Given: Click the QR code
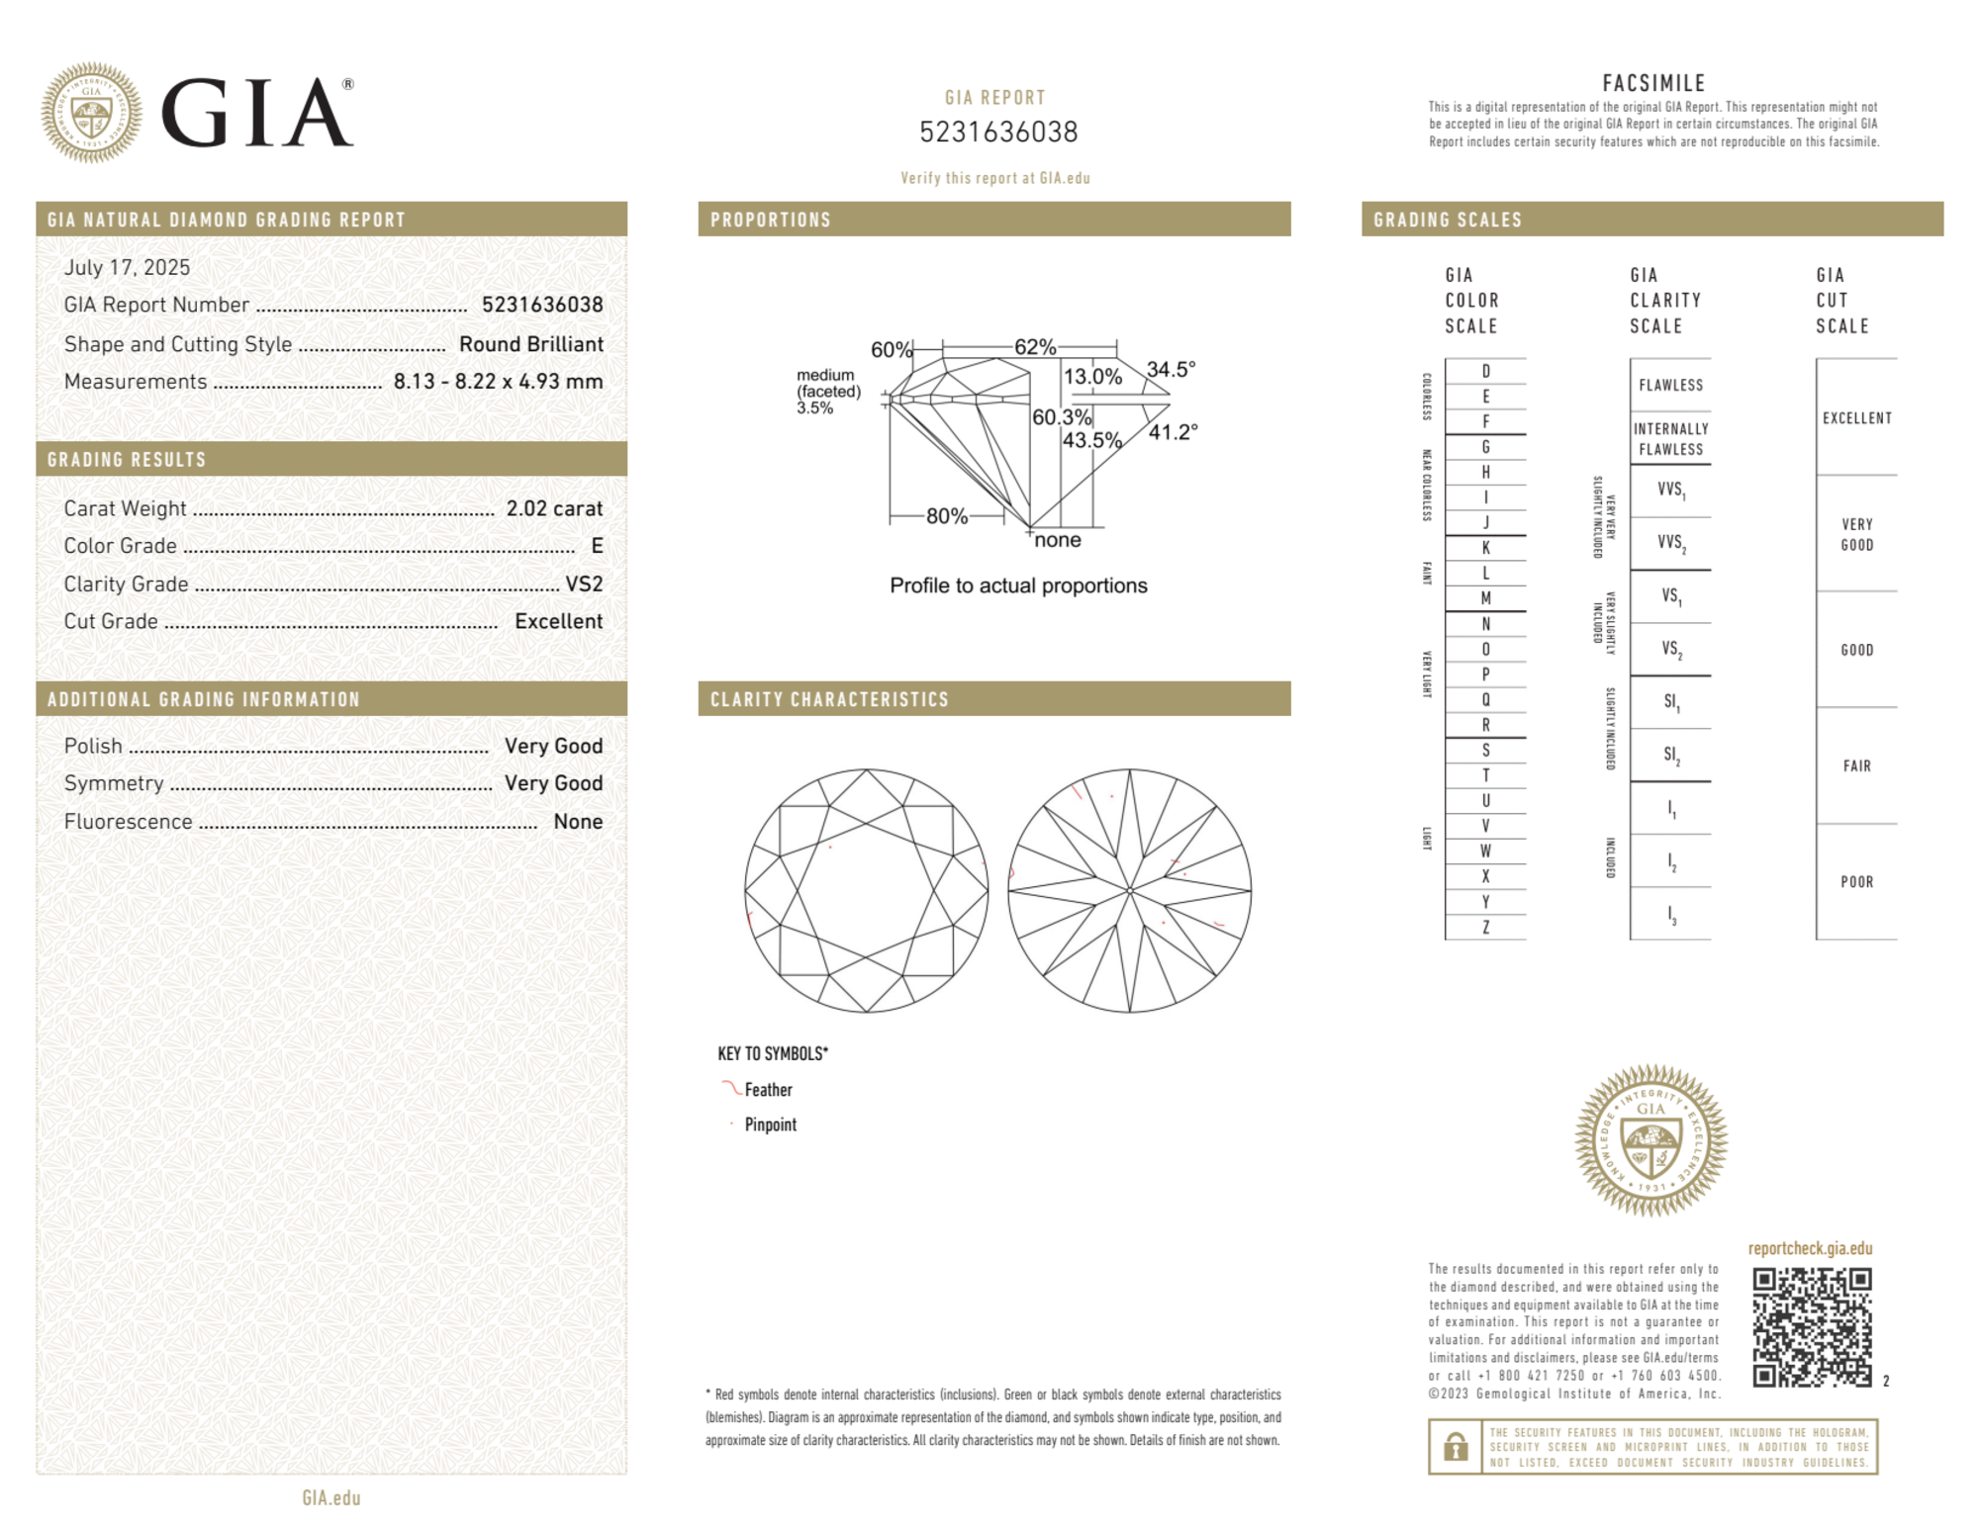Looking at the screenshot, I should point(1811,1326).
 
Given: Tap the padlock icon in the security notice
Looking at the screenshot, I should point(1455,1446).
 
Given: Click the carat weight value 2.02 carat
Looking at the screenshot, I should point(554,508).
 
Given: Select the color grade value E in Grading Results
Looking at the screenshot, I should point(597,546).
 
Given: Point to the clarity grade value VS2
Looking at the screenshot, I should point(584,585).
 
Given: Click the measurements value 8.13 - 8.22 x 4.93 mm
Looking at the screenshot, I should point(498,382).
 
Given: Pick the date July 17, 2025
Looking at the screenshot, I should point(127,267).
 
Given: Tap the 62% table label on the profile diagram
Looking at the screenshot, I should point(1035,347).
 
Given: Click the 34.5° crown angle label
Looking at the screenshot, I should point(1171,370).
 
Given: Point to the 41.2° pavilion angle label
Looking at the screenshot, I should point(1173,432).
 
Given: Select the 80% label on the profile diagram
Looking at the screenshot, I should point(946,516).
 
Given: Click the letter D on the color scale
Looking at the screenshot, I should point(1485,372).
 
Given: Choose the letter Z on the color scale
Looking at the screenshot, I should point(1485,927).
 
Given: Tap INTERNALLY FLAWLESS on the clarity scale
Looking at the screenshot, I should point(1670,439).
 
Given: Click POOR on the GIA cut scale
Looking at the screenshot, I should point(1856,882).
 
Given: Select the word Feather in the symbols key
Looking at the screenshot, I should point(768,1090).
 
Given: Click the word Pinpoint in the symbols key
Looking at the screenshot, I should point(770,1124).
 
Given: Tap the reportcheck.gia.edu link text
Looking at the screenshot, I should point(1810,1248).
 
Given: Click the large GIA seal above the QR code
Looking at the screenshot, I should point(1650,1140).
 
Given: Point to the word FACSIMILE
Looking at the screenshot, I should point(1653,84).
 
